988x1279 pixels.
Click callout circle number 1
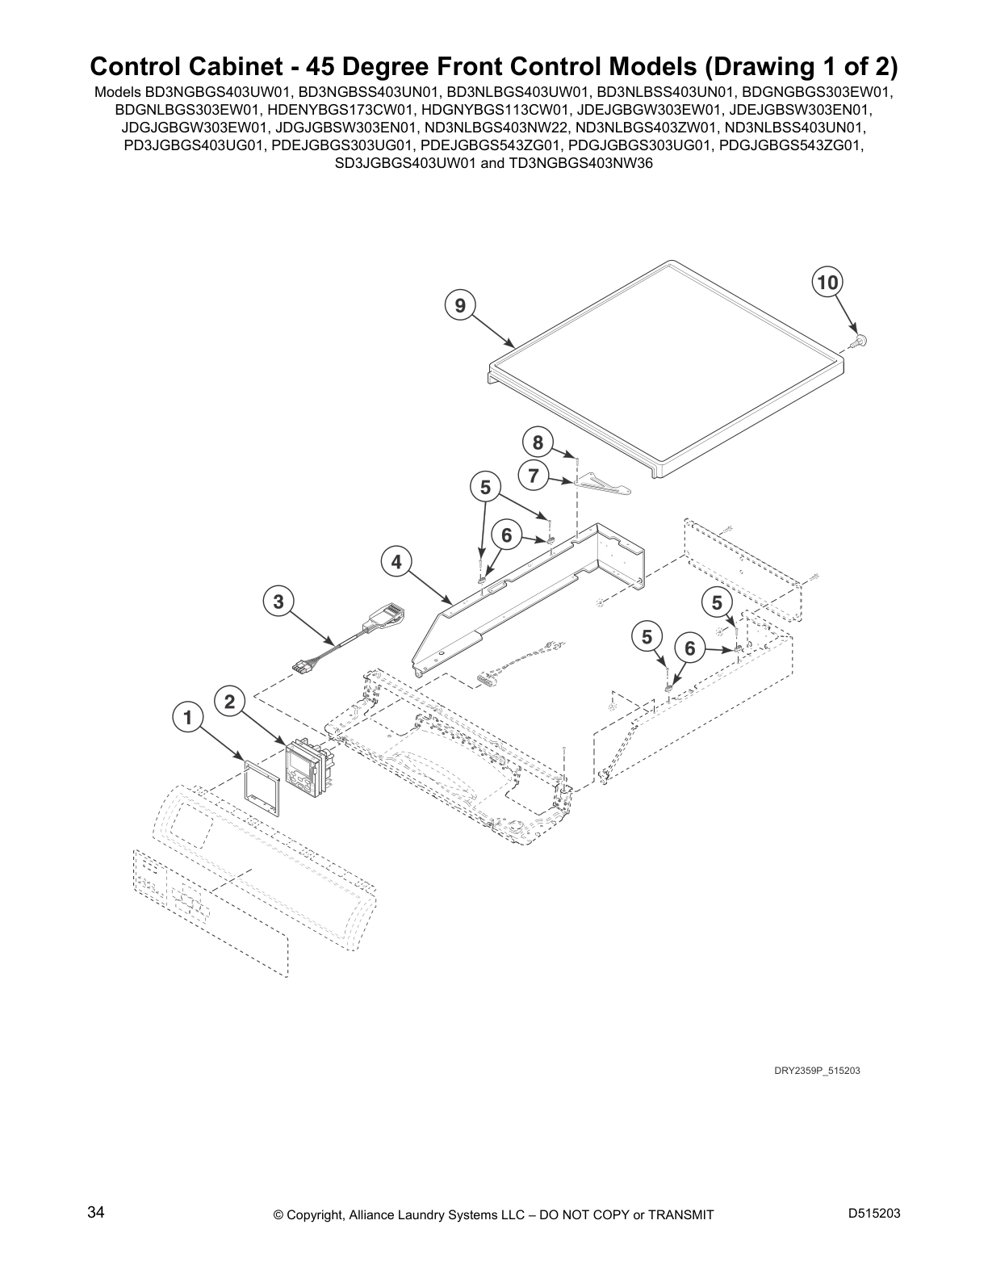point(187,716)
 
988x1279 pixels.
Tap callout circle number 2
point(229,701)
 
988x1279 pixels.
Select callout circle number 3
point(278,601)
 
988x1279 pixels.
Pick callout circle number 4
point(396,562)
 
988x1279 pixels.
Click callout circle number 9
point(459,305)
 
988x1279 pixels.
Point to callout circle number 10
point(826,282)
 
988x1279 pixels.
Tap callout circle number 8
point(538,442)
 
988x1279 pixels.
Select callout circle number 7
point(534,476)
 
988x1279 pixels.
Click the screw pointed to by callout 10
point(860,342)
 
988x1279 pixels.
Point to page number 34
point(95,1213)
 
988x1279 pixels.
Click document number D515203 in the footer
point(874,1214)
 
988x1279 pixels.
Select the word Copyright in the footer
point(318,1214)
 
